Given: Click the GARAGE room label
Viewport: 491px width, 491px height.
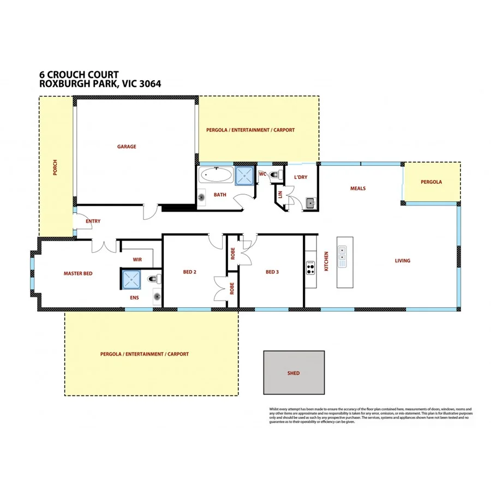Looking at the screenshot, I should pos(127,147).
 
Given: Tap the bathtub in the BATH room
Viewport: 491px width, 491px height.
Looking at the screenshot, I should pos(216,176).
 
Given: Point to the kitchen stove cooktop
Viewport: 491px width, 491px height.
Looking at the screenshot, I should pos(311,267).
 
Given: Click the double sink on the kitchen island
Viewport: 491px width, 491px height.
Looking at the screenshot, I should pos(342,257).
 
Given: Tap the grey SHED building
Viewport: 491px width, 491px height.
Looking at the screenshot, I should pos(294,373).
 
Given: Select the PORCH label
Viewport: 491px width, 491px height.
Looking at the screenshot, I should pos(55,168).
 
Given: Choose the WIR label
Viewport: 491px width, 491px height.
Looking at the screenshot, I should pos(137,260).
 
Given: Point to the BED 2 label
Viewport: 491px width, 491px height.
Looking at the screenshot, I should pos(189,272).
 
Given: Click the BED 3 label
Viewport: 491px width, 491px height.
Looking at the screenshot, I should pos(272,272).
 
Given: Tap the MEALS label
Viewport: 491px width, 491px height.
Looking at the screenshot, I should pos(357,189).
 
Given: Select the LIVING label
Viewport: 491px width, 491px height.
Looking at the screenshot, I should pos(403,261).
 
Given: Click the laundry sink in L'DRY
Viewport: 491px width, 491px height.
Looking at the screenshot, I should pos(310,203).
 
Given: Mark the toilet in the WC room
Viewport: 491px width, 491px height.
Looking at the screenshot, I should pos(278,175).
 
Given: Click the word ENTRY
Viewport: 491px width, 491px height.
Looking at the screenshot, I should pos(93,221).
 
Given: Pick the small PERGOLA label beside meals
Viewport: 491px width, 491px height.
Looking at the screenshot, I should pos(431,182).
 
